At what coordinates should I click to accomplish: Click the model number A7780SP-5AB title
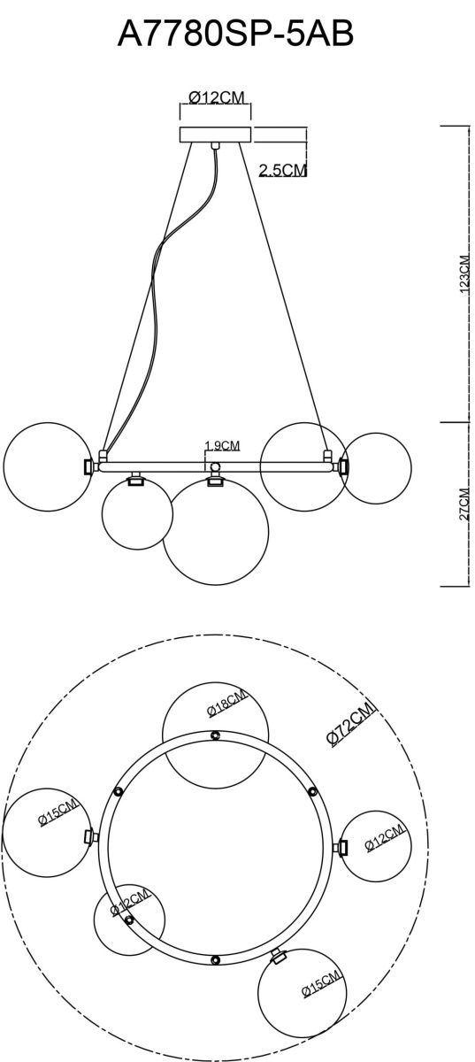tap(235, 35)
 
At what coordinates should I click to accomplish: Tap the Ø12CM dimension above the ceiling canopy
tap(217, 97)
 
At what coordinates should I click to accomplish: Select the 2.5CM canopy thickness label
tap(283, 170)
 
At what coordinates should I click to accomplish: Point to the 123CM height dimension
tap(465, 273)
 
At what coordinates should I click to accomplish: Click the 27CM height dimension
tap(464, 504)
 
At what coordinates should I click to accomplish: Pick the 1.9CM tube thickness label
tap(222, 445)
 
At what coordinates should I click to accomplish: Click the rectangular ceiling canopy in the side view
tap(215, 135)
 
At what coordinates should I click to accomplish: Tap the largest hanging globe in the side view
tap(216, 532)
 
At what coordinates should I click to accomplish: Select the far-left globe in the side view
tap(48, 466)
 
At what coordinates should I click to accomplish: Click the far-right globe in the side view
tap(376, 468)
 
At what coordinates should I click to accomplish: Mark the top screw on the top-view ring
tap(216, 735)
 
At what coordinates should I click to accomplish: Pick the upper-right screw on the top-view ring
tap(312, 791)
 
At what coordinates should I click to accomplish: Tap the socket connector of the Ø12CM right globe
tap(342, 847)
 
